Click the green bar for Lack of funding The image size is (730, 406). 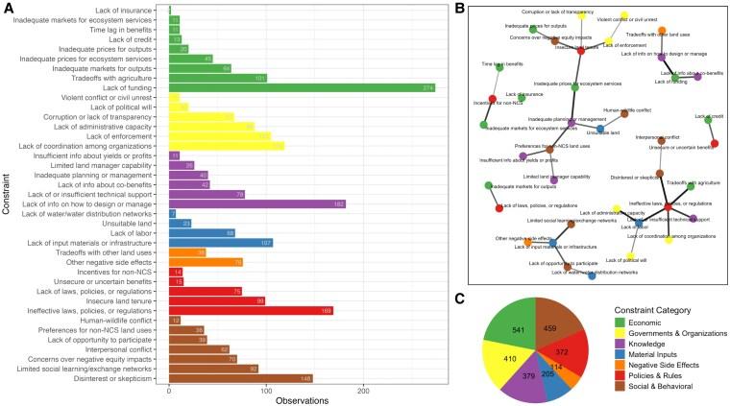click(x=302, y=88)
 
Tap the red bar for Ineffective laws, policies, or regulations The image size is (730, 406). click(x=251, y=311)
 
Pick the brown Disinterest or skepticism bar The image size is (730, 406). click(x=240, y=378)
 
